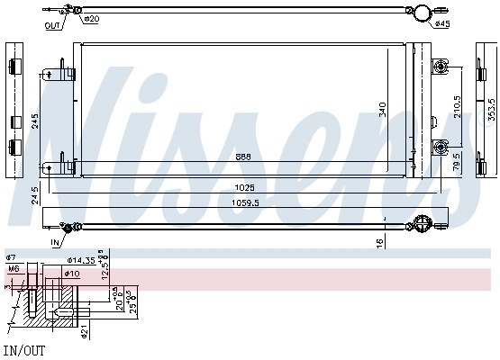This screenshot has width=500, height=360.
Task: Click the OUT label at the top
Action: [x=53, y=25]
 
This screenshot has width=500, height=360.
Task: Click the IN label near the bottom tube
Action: [x=54, y=242]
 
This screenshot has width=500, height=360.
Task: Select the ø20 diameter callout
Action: [x=91, y=19]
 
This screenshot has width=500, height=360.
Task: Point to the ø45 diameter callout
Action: [x=442, y=24]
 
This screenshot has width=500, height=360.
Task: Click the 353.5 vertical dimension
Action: [x=492, y=108]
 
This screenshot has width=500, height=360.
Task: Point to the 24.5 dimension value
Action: [x=35, y=194]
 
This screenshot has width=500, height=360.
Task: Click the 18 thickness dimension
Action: [x=382, y=242]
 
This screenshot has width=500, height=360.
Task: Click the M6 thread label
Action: [x=14, y=268]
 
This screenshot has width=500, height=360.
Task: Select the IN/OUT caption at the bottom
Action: [x=24, y=349]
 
